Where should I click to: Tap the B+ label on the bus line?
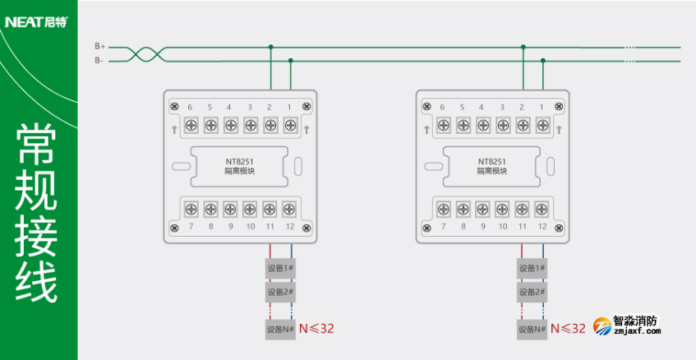99,47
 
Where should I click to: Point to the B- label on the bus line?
99,60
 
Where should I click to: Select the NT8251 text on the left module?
239,161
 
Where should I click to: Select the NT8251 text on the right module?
491,161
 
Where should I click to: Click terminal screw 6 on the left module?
191,125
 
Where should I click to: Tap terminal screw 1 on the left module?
289,125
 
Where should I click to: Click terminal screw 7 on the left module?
191,208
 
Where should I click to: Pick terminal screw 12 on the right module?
542,208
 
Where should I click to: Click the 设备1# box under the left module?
280,268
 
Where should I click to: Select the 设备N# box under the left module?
280,329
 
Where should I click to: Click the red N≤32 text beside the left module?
316,329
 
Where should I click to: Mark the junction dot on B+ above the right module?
523,48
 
